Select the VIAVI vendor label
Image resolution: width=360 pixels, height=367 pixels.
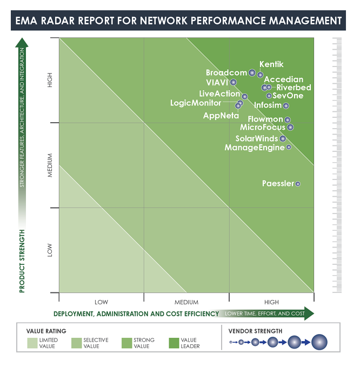(217, 82)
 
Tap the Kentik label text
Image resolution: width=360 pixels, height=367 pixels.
(271, 64)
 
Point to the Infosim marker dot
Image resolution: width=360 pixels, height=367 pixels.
(286, 106)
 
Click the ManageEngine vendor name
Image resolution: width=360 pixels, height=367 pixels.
(254, 148)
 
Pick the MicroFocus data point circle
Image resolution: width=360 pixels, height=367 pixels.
(290, 128)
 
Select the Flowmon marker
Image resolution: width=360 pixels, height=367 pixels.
(288, 120)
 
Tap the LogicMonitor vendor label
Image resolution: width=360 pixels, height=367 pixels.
(195, 103)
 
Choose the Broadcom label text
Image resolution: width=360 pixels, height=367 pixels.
(226, 72)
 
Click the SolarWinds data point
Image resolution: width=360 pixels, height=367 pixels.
(283, 139)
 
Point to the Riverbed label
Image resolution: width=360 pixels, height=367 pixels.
(294, 88)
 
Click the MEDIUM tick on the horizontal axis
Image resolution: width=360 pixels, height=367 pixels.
(186, 302)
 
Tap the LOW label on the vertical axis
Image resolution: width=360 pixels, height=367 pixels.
(50, 250)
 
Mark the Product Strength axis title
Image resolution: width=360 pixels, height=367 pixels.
(22, 261)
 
